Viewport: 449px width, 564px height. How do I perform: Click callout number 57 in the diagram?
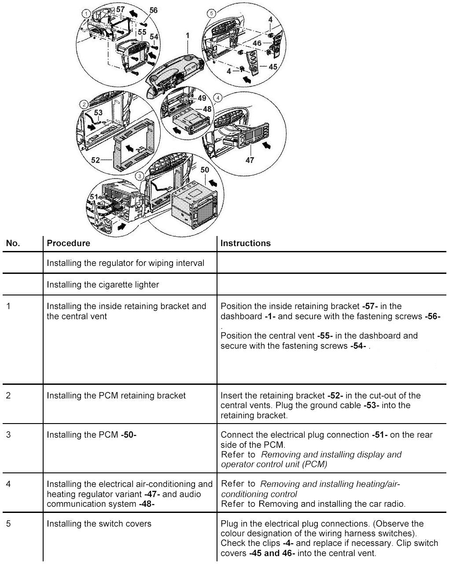click(x=121, y=9)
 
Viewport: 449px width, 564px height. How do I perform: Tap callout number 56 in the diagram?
click(x=153, y=10)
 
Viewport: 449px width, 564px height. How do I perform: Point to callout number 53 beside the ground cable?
click(x=98, y=113)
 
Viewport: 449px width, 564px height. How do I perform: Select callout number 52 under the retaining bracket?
click(x=96, y=160)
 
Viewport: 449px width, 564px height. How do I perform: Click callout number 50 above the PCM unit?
click(x=205, y=170)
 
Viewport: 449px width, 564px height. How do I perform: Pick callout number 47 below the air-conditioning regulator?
click(x=250, y=160)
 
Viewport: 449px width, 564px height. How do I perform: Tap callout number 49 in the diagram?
click(x=202, y=98)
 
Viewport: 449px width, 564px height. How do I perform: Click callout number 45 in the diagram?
click(x=272, y=67)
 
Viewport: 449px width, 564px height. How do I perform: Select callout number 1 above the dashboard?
click(x=188, y=34)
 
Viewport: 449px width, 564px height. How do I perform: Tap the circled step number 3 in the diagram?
click(x=140, y=176)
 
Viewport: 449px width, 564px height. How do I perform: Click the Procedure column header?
click(x=68, y=243)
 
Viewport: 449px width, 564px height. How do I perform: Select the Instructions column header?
click(x=245, y=243)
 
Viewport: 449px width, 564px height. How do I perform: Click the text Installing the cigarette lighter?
click(x=103, y=284)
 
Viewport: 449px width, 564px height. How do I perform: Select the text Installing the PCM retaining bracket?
click(x=116, y=395)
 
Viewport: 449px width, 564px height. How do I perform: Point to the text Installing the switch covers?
click(x=99, y=523)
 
